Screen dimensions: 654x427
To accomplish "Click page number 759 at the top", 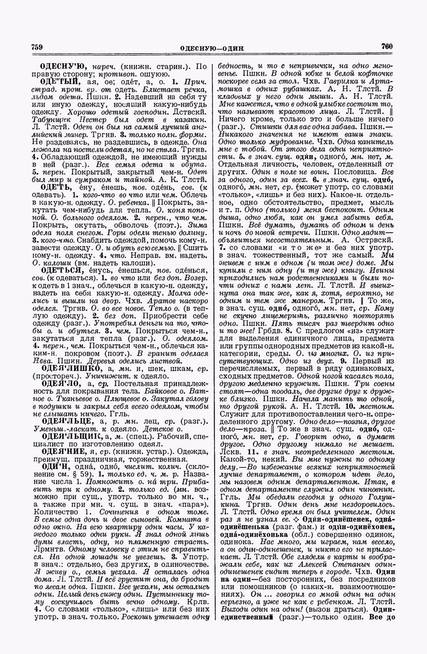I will pyautogui.click(x=37, y=47).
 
